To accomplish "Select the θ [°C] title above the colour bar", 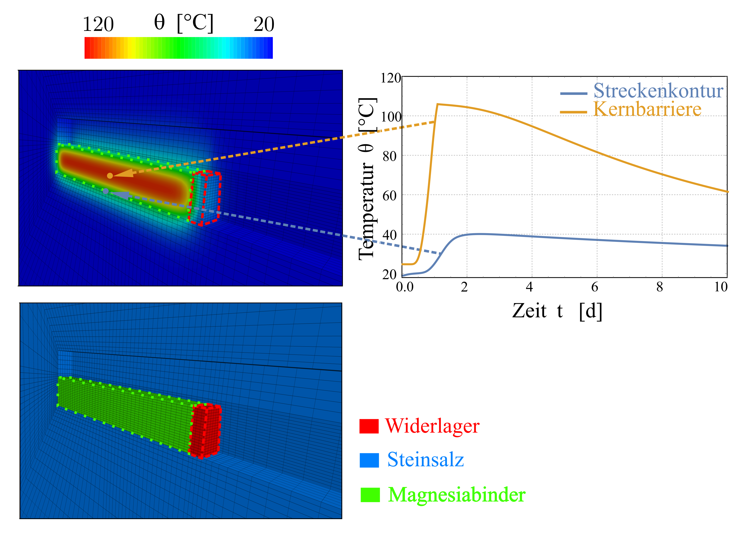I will coord(184,23).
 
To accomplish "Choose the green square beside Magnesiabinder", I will coord(370,495).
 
